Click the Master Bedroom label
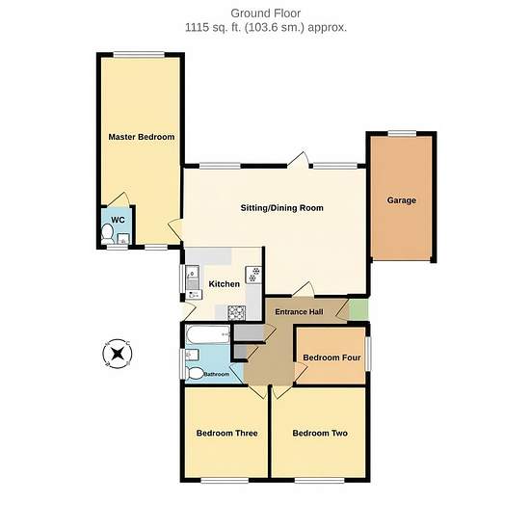pyautogui.click(x=142, y=137)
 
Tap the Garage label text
pyautogui.click(x=402, y=200)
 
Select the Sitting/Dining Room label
pyautogui.click(x=282, y=208)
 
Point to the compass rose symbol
pyautogui.click(x=118, y=354)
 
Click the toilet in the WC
pyautogui.click(x=108, y=234)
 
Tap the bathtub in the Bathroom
pyautogui.click(x=208, y=334)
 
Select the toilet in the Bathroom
pyautogui.click(x=194, y=374)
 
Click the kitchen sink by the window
pyautogui.click(x=193, y=278)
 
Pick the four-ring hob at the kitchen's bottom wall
pyautogui.click(x=236, y=312)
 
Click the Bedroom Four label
pyautogui.click(x=331, y=358)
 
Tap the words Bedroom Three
pyautogui.click(x=227, y=434)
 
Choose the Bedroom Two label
pyautogui.click(x=320, y=434)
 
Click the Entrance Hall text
pyautogui.click(x=299, y=311)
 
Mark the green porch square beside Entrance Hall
pyautogui.click(x=358, y=309)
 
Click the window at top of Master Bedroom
pyautogui.click(x=139, y=54)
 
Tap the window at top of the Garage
pyautogui.click(x=402, y=134)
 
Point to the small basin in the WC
pyautogui.click(x=123, y=239)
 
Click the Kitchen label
pyautogui.click(x=225, y=284)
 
